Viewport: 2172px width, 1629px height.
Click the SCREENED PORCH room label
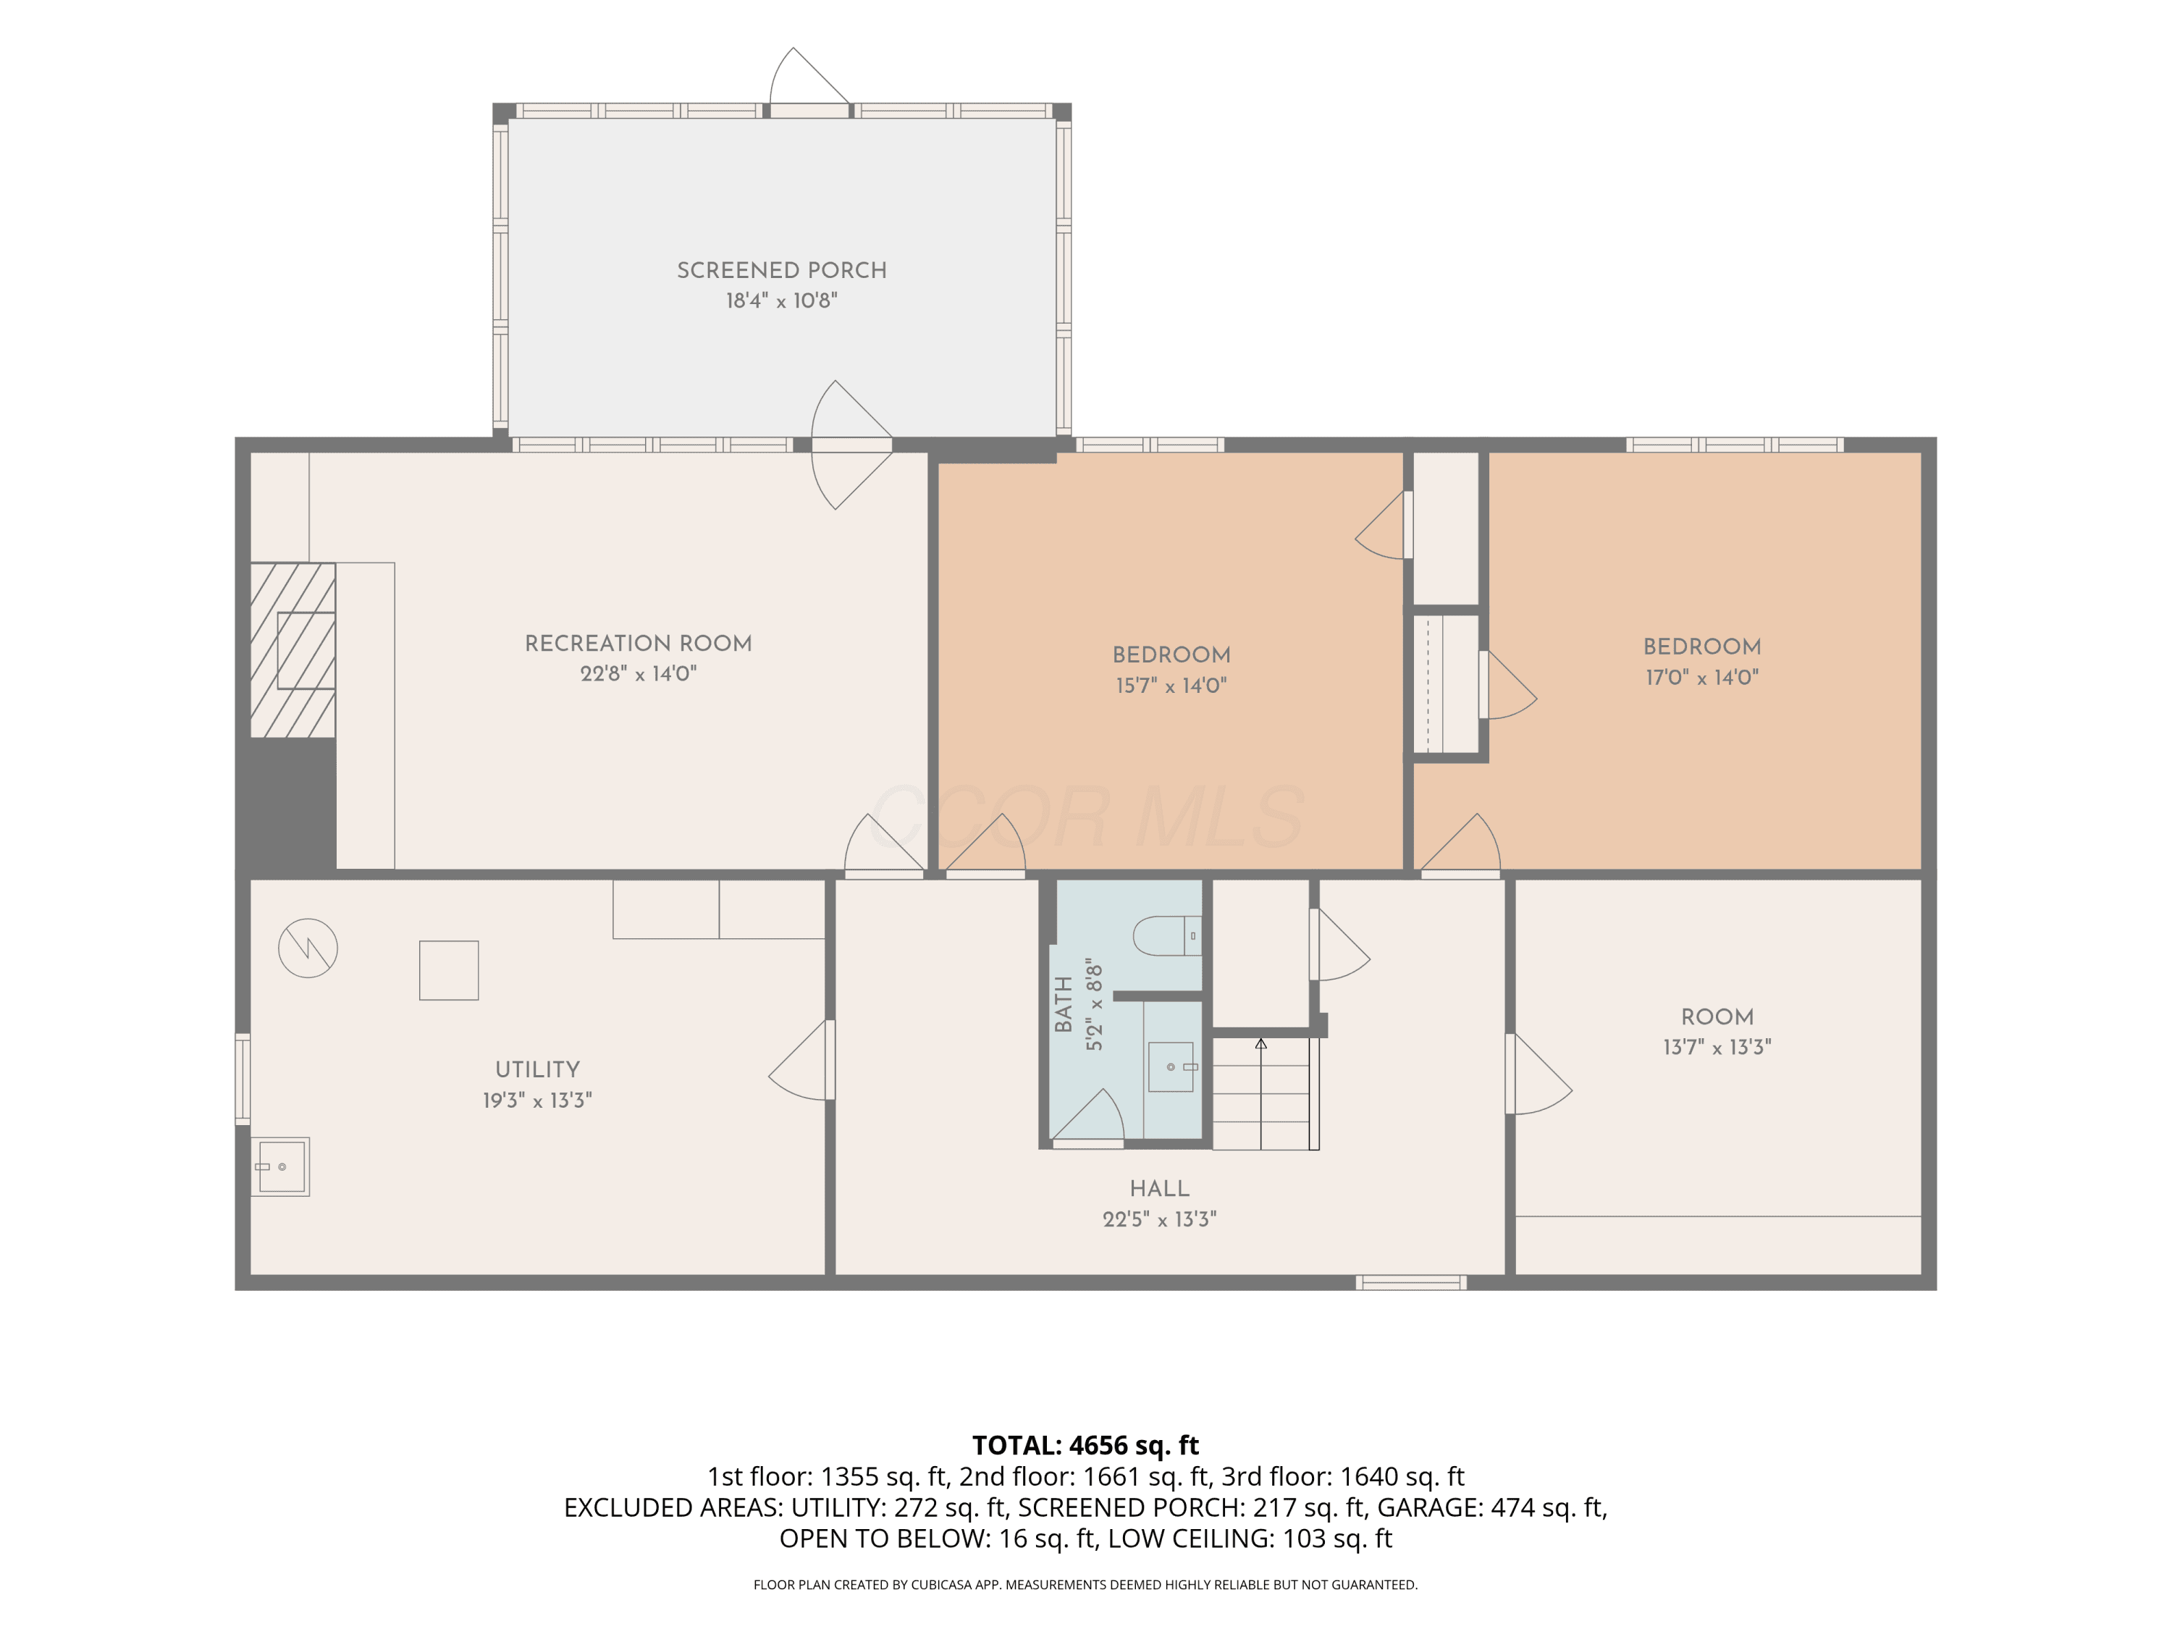point(782,270)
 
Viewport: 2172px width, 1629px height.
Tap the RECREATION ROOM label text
point(639,643)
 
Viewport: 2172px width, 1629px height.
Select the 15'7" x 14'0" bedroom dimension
point(1171,686)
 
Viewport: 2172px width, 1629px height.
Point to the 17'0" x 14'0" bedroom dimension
point(1701,676)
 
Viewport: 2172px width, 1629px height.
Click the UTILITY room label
point(537,1069)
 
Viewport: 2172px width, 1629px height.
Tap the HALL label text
point(1160,1188)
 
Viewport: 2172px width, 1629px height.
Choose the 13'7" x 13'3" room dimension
point(1717,1047)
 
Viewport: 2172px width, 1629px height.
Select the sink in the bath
point(1171,1066)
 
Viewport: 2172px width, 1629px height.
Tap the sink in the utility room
point(281,1166)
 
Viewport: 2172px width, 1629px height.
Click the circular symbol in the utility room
point(308,948)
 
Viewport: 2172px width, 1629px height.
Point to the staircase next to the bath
point(1266,1093)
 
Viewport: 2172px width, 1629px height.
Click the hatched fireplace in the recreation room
point(292,650)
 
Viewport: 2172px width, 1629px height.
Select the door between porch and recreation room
point(851,445)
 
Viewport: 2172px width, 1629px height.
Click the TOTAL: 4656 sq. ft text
point(1085,1445)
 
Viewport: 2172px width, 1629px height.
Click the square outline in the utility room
point(449,970)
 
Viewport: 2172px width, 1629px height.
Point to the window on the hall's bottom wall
point(1411,1282)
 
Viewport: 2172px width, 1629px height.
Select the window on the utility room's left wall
point(243,1078)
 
